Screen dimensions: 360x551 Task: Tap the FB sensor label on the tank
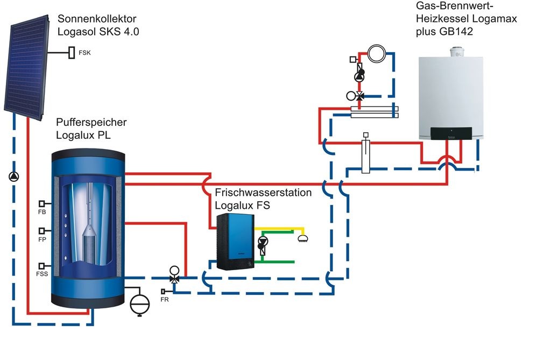click(x=42, y=213)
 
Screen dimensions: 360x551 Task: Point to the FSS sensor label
click(x=43, y=274)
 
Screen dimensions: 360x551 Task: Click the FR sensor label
click(x=165, y=300)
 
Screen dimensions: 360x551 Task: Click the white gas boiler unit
click(x=451, y=97)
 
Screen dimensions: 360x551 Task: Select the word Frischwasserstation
click(x=263, y=193)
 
